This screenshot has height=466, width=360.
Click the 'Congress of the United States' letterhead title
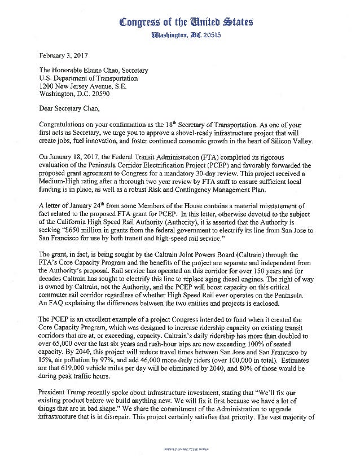pos(186,23)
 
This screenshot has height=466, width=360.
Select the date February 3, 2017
pos(64,55)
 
